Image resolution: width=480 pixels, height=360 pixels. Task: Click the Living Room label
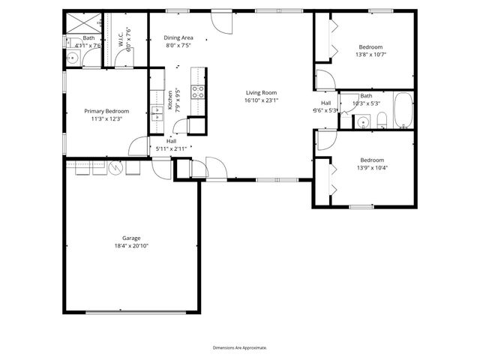261,92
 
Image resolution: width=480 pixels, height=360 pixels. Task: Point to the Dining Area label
179,37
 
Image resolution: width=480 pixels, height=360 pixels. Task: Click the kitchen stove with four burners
199,92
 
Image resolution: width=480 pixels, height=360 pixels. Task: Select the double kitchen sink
158,112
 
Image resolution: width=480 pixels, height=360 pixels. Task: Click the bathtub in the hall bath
402,110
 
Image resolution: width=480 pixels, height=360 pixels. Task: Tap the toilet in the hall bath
381,121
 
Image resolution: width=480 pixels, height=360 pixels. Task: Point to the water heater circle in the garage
115,168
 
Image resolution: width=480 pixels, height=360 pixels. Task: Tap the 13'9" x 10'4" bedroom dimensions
372,167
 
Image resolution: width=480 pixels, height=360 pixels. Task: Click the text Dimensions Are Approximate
240,347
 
